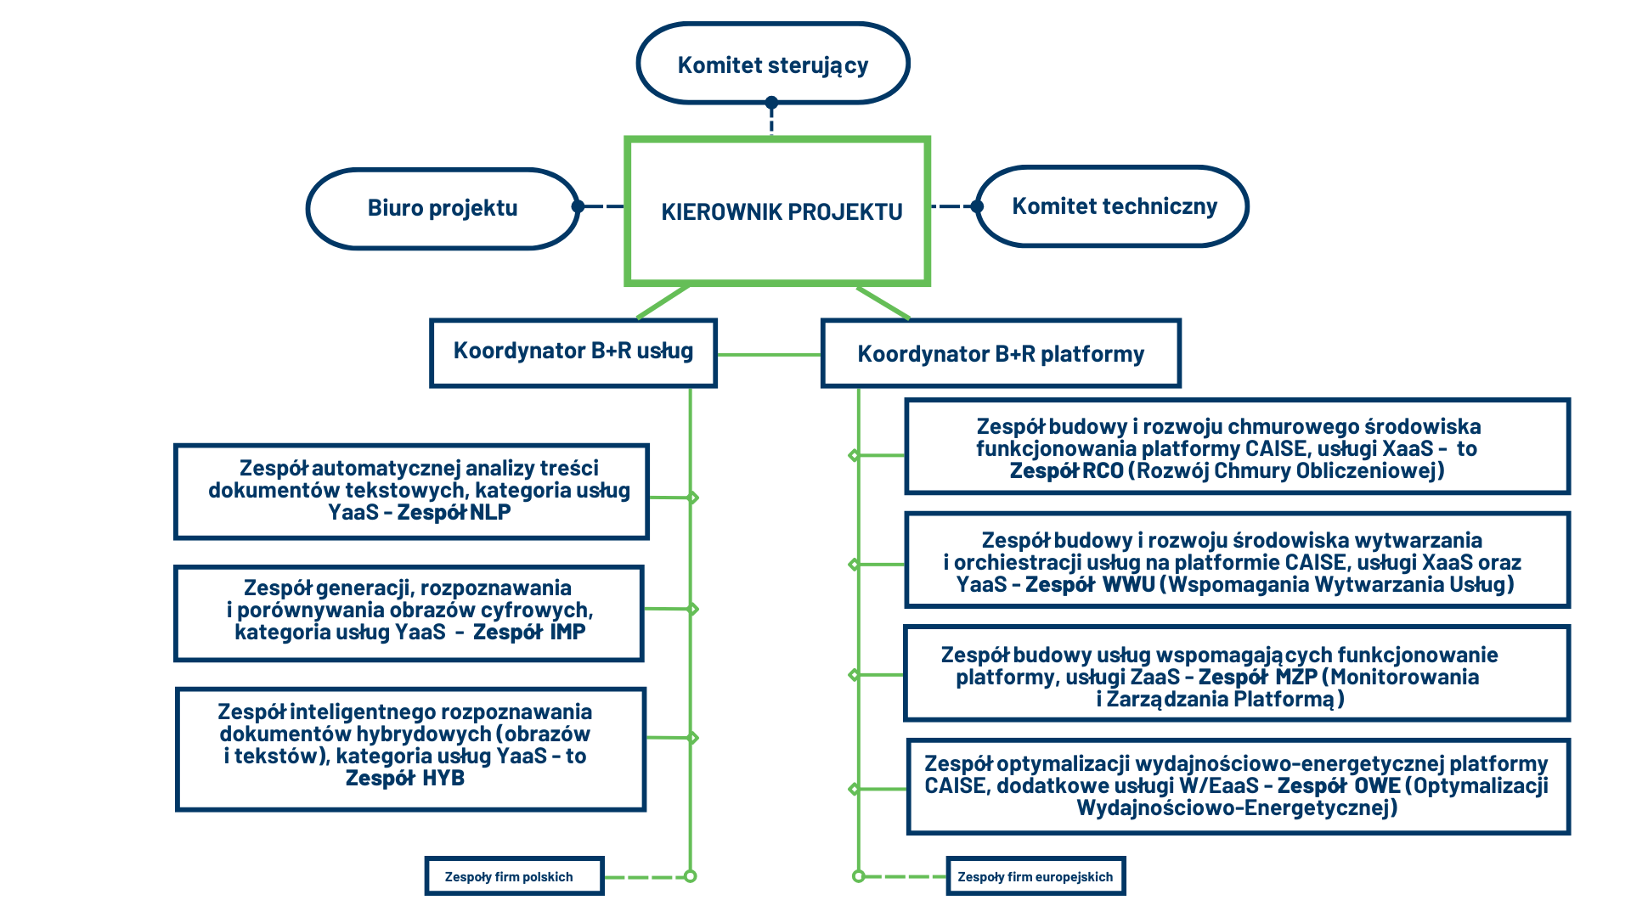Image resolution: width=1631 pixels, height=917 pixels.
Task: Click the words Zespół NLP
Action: coord(454,513)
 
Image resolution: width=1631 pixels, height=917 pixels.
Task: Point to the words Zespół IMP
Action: coord(529,633)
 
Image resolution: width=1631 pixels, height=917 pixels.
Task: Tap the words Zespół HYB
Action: coord(405,779)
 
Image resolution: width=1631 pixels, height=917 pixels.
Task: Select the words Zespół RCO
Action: coord(1066,471)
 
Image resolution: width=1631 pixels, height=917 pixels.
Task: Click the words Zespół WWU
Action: coord(1091,585)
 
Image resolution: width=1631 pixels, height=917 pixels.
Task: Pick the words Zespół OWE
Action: coord(1339,786)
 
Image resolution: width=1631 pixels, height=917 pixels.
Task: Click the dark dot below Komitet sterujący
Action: coord(771,103)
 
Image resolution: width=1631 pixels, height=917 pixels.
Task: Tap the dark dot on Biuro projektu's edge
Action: coord(578,206)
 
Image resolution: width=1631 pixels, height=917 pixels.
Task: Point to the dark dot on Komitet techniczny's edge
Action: coord(977,206)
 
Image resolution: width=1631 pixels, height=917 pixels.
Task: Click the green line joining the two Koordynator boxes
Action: coord(770,355)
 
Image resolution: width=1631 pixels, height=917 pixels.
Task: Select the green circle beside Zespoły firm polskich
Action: coord(691,876)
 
